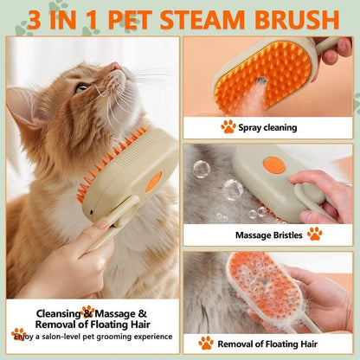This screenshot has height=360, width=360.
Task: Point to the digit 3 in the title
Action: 35,18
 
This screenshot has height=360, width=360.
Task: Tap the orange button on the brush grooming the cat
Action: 153,182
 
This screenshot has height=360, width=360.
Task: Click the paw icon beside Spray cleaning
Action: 228,126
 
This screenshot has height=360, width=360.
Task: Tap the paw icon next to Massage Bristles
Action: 314,234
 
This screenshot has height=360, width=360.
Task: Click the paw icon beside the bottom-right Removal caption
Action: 205,343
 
